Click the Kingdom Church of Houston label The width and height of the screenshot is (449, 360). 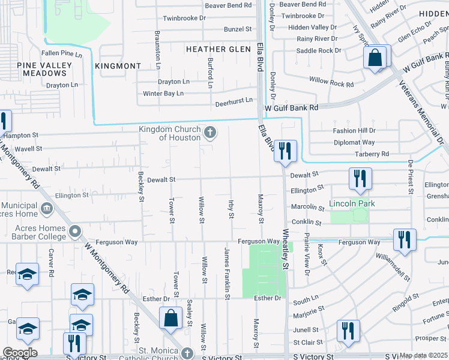(170, 133)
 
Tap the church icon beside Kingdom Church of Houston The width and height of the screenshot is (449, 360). (209, 133)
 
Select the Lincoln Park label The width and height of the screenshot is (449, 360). (352, 204)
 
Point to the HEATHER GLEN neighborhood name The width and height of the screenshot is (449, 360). (218, 49)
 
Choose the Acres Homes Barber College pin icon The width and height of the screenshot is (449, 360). (74, 231)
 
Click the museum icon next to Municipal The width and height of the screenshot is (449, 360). (47, 209)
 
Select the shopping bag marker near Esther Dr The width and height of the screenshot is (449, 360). (171, 317)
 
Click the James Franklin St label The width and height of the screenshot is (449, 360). (228, 273)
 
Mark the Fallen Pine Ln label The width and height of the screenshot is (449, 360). (61, 54)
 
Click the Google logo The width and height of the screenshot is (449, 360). (20, 353)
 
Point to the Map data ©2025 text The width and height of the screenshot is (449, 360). (423, 355)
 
